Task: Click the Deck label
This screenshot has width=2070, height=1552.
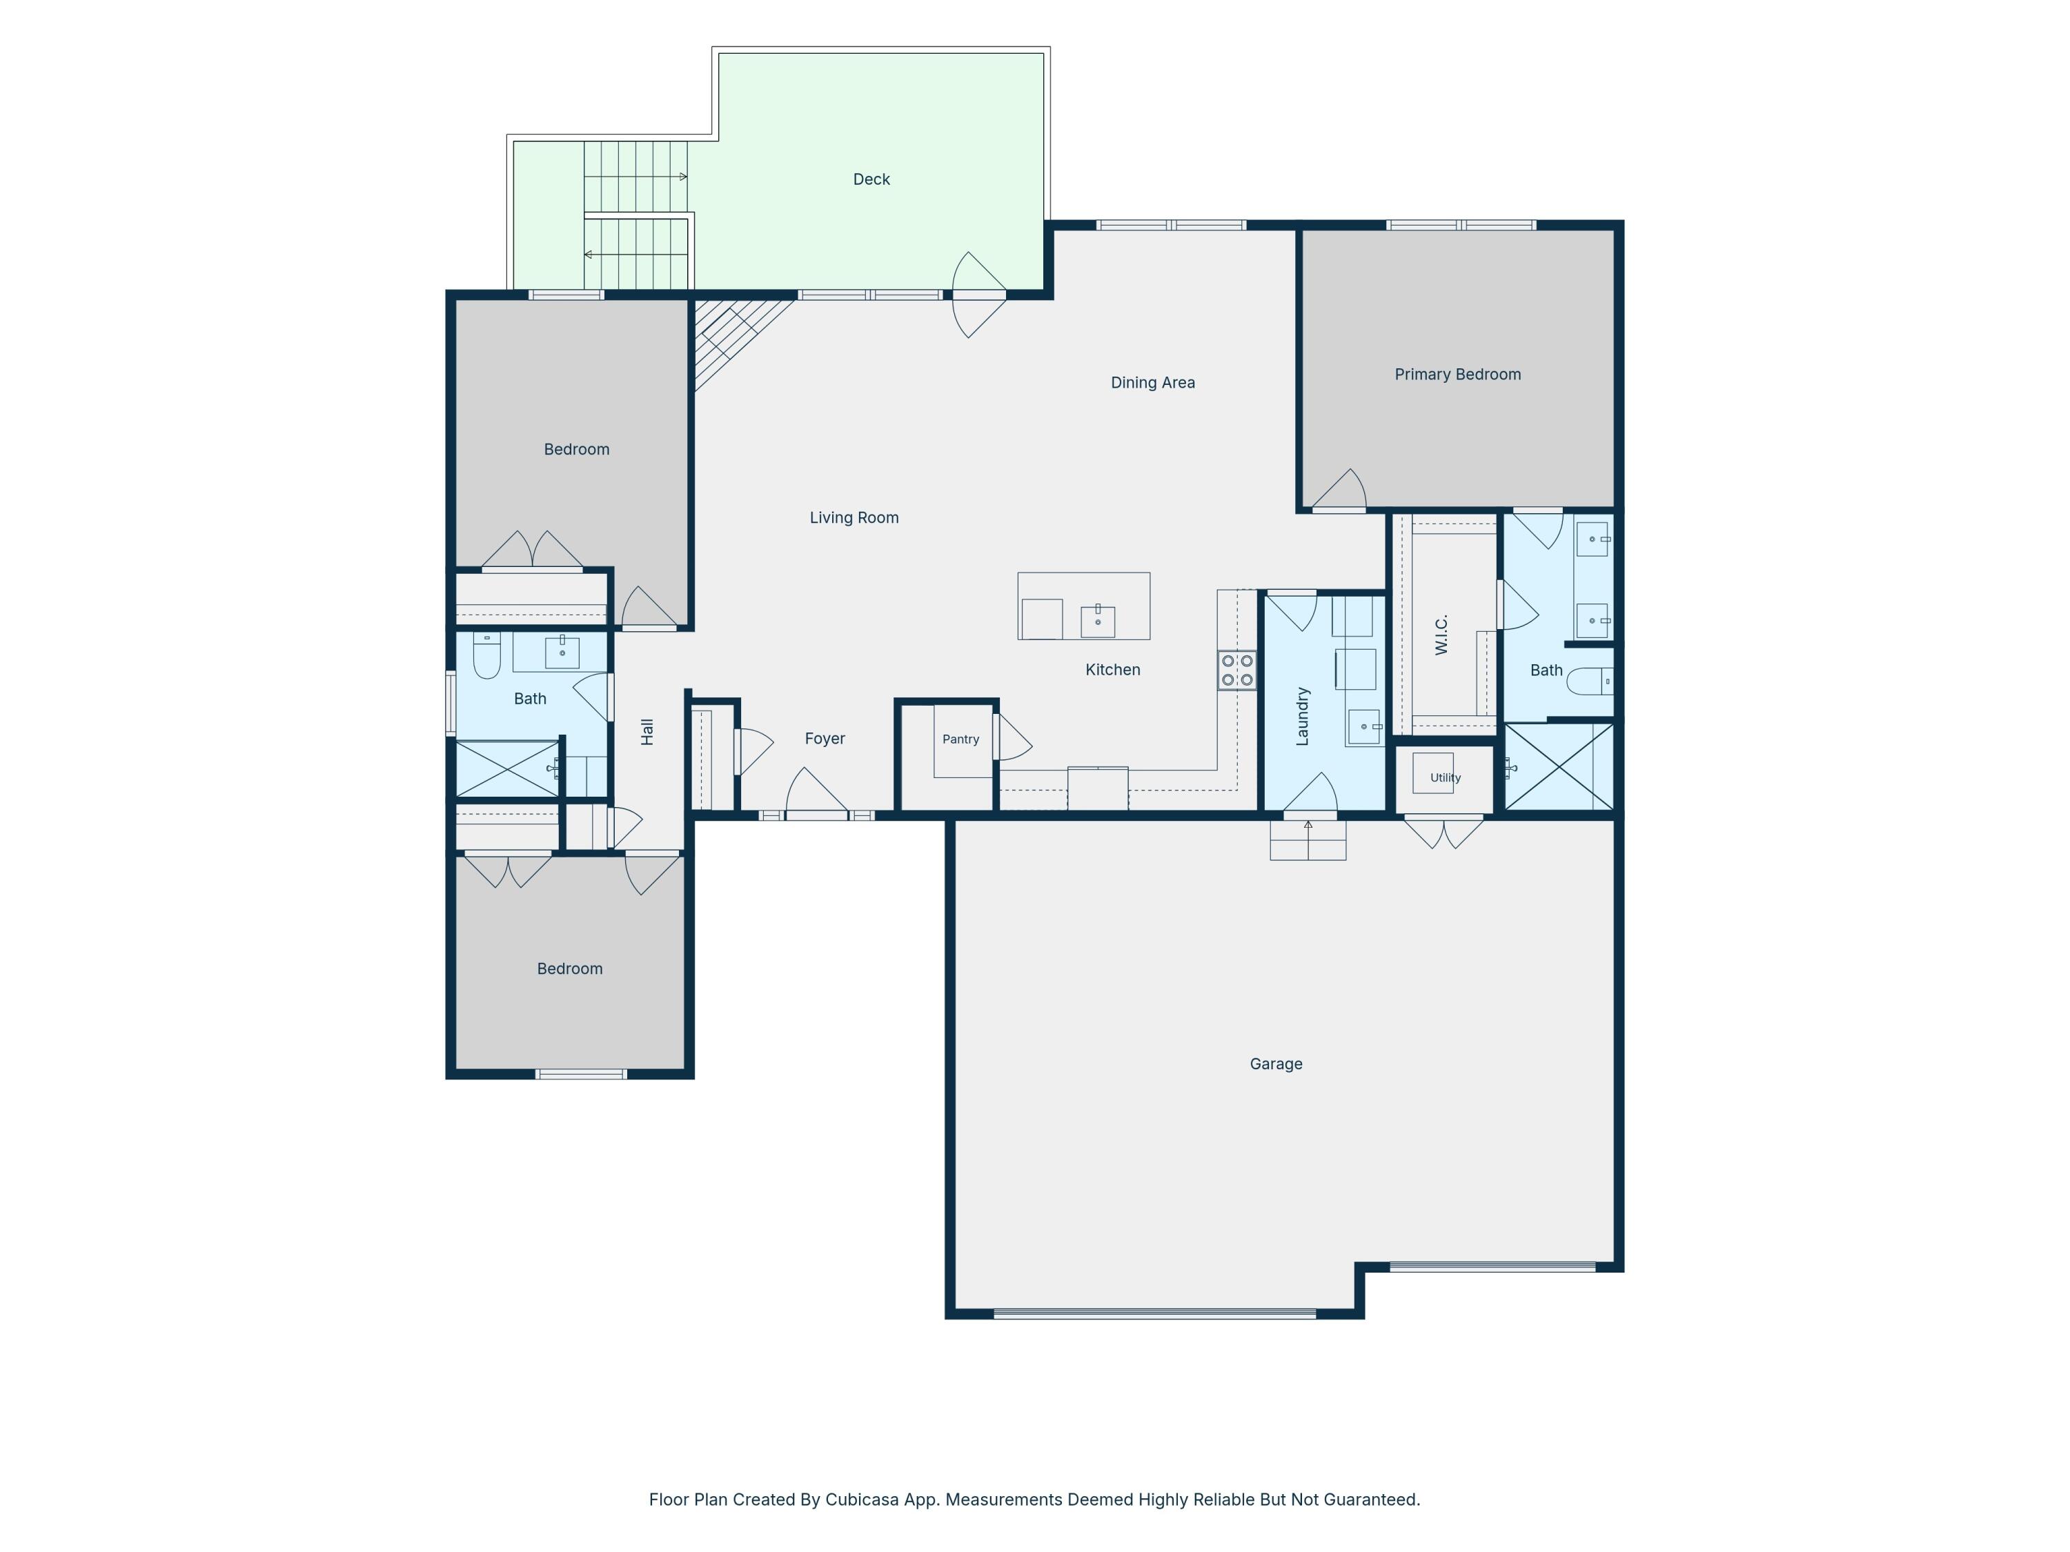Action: pyautogui.click(x=871, y=179)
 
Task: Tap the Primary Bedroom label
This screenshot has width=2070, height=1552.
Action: pyautogui.click(x=1457, y=374)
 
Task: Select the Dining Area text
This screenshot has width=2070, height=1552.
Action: pyautogui.click(x=1152, y=381)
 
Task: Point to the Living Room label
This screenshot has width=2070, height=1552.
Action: pyautogui.click(x=854, y=517)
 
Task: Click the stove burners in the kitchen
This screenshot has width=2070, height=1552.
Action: pyautogui.click(x=1236, y=670)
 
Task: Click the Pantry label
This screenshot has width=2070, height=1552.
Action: pyautogui.click(x=960, y=739)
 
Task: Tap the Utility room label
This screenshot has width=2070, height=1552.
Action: pyautogui.click(x=1445, y=777)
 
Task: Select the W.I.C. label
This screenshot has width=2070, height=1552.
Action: pyautogui.click(x=1441, y=635)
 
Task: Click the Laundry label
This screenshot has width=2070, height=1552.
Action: pyautogui.click(x=1302, y=716)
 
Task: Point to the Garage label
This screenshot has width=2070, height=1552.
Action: pyautogui.click(x=1276, y=1064)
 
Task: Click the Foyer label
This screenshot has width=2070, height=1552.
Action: pyautogui.click(x=825, y=738)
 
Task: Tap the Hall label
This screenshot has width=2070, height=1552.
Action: pyautogui.click(x=647, y=732)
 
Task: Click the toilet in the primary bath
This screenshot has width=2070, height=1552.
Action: pyautogui.click(x=1590, y=681)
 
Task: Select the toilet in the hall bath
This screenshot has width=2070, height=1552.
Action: pyautogui.click(x=486, y=655)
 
